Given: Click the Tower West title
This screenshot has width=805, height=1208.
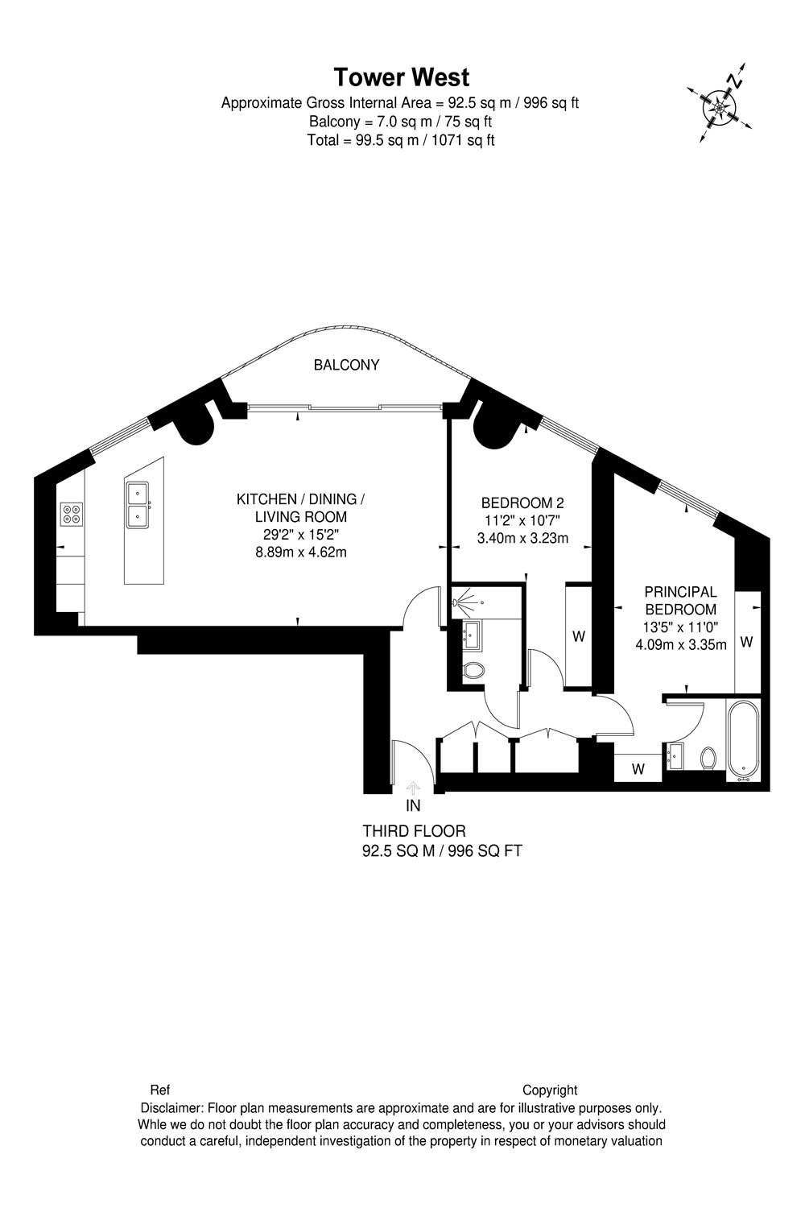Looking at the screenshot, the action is point(402,77).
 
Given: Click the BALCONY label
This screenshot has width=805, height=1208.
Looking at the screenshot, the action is point(347,365).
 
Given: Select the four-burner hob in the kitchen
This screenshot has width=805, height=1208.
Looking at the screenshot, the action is point(72,514).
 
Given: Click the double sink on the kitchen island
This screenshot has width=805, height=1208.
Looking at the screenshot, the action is point(138,505).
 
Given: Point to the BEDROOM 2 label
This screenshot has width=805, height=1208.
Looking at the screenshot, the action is point(522,503).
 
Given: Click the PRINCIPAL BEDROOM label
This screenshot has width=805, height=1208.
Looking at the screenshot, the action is point(680,601).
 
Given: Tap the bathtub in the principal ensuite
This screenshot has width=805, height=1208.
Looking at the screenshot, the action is point(743,739).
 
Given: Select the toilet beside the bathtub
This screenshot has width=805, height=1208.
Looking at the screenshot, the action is point(708,759).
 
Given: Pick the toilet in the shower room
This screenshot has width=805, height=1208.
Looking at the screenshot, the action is point(473,670).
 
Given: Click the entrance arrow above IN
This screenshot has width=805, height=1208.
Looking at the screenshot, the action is point(413,788).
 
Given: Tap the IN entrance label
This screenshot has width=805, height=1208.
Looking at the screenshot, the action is point(413,805).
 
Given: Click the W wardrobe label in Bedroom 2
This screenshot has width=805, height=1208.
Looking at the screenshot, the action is point(579,636).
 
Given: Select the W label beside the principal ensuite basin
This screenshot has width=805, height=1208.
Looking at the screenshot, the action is point(638,769).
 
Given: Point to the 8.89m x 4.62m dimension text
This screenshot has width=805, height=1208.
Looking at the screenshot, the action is point(301,552).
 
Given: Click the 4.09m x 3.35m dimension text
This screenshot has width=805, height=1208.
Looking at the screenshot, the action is point(681,644).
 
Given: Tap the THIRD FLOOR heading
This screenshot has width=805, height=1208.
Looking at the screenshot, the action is point(414,831).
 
